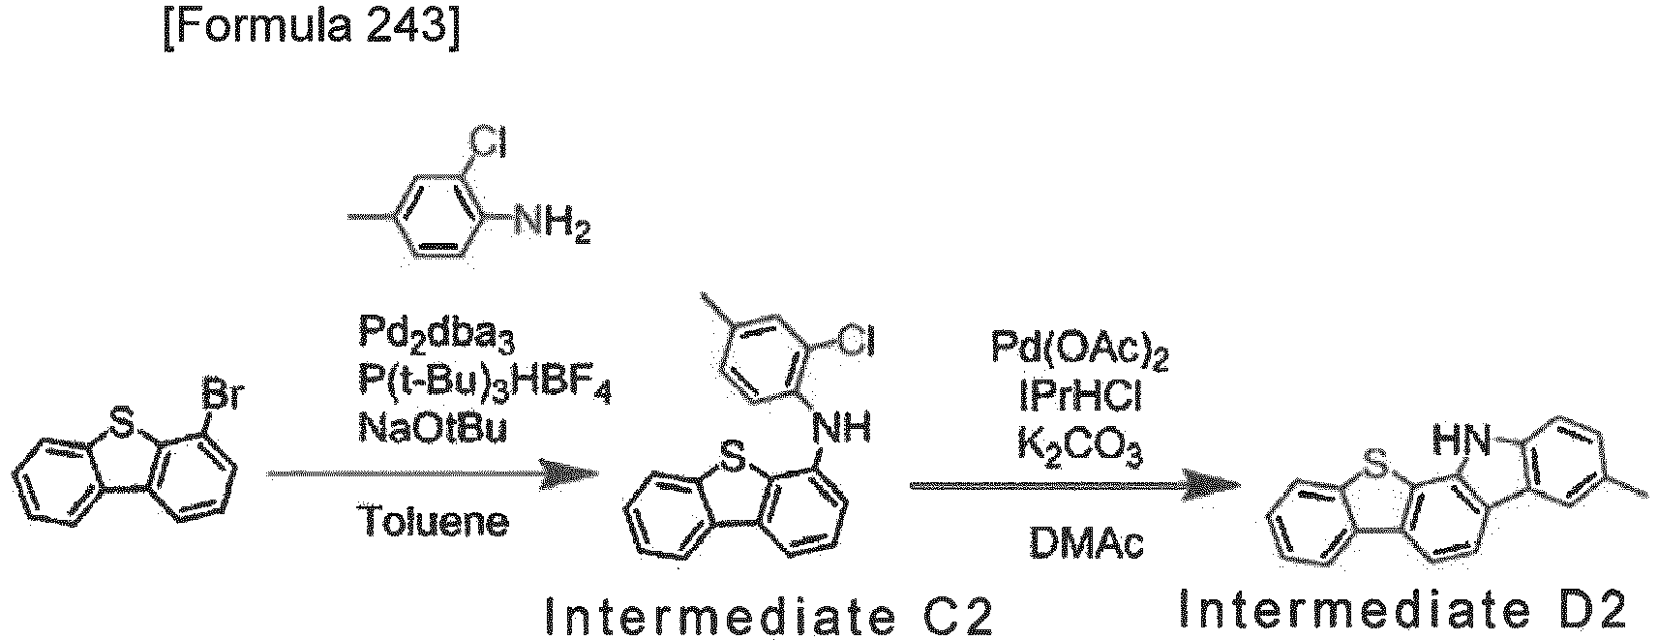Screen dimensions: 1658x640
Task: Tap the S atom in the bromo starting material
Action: point(123,423)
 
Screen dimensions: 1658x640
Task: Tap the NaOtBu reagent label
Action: point(433,427)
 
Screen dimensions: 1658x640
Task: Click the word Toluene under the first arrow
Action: point(436,522)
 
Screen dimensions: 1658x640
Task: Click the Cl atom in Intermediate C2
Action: point(855,343)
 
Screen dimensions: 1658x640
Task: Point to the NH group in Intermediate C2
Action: point(842,428)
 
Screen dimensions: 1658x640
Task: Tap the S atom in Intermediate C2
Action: point(732,461)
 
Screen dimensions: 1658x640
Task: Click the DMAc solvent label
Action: point(1086,544)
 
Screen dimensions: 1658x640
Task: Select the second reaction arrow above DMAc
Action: point(1075,486)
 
